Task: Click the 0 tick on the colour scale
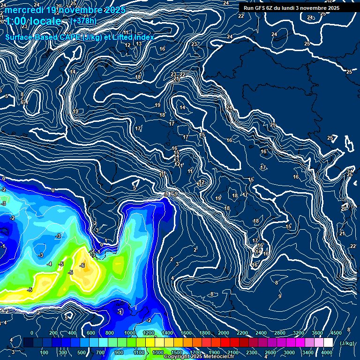[x=32, y=333]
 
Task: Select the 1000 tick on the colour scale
[x=130, y=333]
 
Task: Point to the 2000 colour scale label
[x=223, y=333]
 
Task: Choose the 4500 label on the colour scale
[x=336, y=333]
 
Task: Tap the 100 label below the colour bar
[x=44, y=352]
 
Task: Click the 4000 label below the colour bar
[x=327, y=352]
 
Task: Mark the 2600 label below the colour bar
[x=270, y=352]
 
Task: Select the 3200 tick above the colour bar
[x=299, y=333]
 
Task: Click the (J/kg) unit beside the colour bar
[x=347, y=343]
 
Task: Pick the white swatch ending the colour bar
[x=328, y=343]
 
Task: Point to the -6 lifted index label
[x=82, y=265]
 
